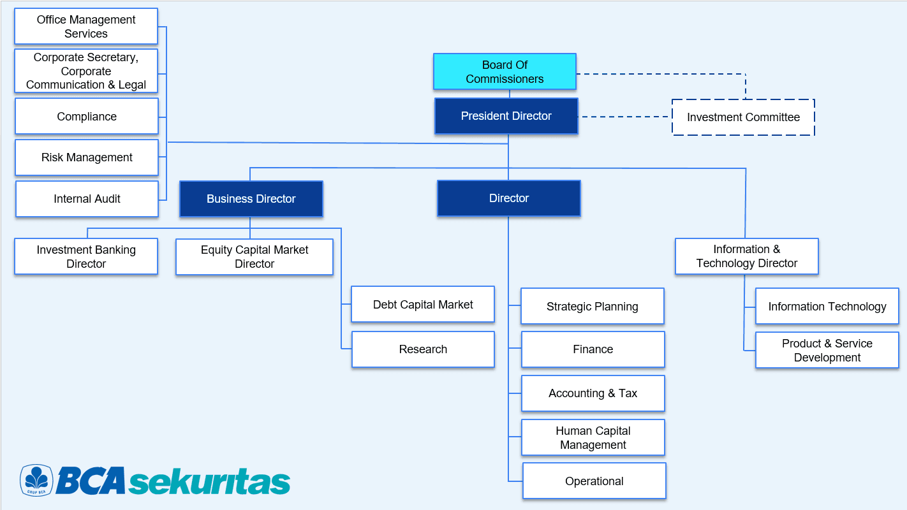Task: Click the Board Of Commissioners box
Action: click(505, 71)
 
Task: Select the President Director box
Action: click(506, 116)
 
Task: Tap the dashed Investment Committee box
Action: click(743, 117)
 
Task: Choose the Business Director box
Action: click(251, 199)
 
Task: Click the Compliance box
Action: click(87, 117)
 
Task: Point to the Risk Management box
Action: click(87, 157)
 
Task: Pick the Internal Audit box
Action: click(87, 199)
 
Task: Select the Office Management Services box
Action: click(86, 27)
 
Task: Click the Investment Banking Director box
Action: click(86, 257)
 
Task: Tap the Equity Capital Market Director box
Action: click(254, 257)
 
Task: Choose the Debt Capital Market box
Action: click(423, 305)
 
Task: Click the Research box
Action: click(423, 349)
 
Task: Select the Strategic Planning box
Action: click(593, 307)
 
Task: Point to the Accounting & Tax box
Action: click(593, 393)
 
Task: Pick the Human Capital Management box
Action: click(593, 438)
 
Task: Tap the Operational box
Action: click(594, 481)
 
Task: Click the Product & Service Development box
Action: click(827, 351)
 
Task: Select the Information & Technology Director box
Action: click(747, 256)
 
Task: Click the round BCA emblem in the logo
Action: click(36, 480)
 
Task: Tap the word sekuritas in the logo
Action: click(209, 482)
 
